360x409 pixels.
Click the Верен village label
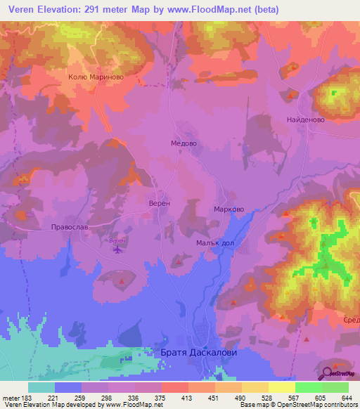(160, 202)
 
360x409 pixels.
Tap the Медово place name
(184, 142)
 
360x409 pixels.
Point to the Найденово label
(304, 120)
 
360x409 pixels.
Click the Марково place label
(229, 209)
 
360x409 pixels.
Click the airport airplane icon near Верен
(116, 247)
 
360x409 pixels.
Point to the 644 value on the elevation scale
(347, 397)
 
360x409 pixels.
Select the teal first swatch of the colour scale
(41, 387)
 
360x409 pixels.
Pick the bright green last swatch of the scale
(335, 387)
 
